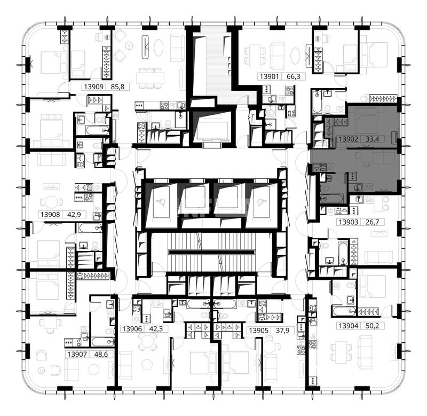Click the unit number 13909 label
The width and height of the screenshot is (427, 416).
click(94, 87)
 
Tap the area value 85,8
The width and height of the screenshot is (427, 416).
click(117, 87)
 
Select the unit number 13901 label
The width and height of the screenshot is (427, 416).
click(270, 76)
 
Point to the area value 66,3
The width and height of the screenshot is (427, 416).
click(294, 76)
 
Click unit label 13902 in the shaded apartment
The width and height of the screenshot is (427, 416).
click(349, 139)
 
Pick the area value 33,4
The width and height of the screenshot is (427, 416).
click(372, 139)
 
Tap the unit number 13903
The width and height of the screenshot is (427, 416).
click(349, 222)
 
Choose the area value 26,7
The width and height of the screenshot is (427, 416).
click(372, 222)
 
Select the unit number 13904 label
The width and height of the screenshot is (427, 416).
click(349, 326)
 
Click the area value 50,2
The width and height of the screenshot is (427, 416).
click(372, 326)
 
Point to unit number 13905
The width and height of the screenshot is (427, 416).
click(259, 331)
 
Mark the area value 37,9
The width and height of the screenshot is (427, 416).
click(283, 331)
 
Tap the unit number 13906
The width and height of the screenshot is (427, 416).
click(132, 329)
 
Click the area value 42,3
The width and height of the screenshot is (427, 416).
click(156, 329)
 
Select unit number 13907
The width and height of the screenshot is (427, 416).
click(77, 354)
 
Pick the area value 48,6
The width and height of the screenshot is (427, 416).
click(101, 354)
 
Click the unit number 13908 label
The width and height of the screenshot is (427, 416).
click(50, 214)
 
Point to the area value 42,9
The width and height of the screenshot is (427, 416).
click(74, 214)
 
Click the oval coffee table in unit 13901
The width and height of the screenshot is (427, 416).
click(295, 56)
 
